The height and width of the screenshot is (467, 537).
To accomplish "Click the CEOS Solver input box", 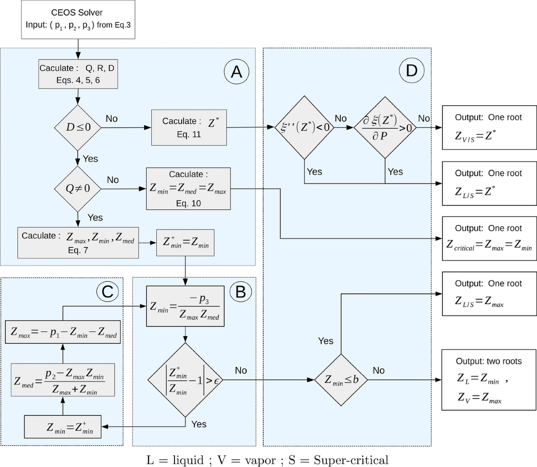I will [78, 19].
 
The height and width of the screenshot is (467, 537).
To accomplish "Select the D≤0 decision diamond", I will [78, 127].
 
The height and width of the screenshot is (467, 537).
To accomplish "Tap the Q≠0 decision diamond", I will [78, 189].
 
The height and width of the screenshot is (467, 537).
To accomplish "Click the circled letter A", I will [236, 71].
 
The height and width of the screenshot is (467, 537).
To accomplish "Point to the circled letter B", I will [240, 292].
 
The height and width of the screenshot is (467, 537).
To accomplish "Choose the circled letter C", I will [107, 292].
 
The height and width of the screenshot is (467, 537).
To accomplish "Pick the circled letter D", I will [411, 71].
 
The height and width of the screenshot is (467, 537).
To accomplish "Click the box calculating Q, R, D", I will [78, 74].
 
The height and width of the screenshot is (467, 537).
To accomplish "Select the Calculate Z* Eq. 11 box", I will [189, 127].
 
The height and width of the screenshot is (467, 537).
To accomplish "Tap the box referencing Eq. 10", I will [188, 189].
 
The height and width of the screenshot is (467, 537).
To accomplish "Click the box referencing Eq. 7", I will [78, 242].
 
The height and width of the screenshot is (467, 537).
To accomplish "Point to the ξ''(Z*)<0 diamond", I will [305, 127].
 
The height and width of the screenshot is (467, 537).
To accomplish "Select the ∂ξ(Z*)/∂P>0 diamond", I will [385, 127].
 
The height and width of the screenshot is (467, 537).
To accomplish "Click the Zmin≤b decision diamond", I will [341, 380].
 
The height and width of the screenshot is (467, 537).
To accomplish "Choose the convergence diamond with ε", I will [185, 380].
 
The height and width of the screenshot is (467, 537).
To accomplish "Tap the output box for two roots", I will [489, 380].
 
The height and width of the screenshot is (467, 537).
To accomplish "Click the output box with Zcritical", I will [489, 238].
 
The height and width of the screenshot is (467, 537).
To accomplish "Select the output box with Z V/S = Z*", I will [489, 127].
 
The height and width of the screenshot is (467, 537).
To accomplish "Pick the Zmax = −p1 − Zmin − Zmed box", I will [63, 332].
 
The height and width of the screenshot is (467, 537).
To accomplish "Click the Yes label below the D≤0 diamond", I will [90, 159].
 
